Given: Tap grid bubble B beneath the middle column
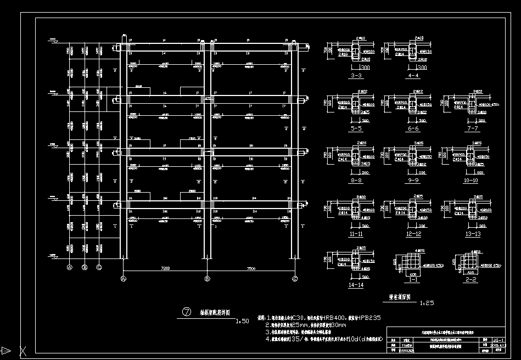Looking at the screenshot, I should tap(208, 279).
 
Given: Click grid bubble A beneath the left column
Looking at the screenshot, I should tap(123, 279).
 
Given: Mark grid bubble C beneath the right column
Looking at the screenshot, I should tap(295, 279).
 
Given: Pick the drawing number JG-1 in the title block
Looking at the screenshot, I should tap(498, 341).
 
